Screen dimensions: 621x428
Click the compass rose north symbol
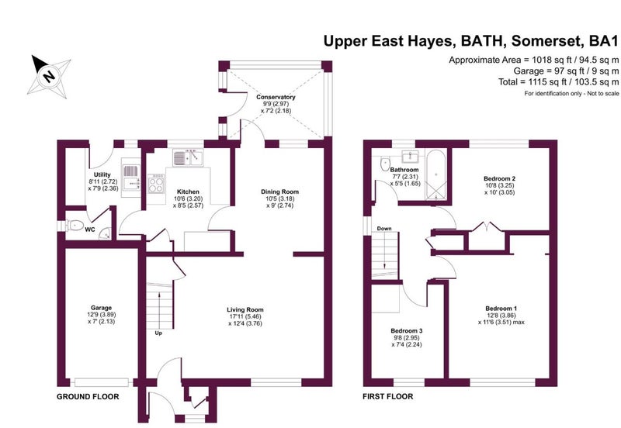click(x=49, y=76)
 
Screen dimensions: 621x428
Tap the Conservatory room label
click(x=276, y=97)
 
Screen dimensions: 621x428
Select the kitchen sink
click(x=188, y=158)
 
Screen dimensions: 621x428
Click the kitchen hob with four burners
click(x=157, y=183)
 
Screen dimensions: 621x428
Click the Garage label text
click(x=102, y=307)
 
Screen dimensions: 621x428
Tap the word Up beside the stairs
click(x=158, y=333)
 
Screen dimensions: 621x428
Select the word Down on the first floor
click(x=384, y=229)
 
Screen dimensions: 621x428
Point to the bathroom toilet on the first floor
click(x=385, y=164)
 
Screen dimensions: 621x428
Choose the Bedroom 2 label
click(x=500, y=178)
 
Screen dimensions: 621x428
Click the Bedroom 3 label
click(x=407, y=330)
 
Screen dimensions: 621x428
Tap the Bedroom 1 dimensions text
click(x=501, y=319)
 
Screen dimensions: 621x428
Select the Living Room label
click(x=245, y=309)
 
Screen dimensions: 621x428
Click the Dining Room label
click(x=279, y=192)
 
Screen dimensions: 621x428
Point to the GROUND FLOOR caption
click(x=88, y=397)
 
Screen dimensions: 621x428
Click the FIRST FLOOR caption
click(x=387, y=396)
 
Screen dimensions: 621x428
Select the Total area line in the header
click(x=558, y=82)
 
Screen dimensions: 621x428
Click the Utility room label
click(x=102, y=174)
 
